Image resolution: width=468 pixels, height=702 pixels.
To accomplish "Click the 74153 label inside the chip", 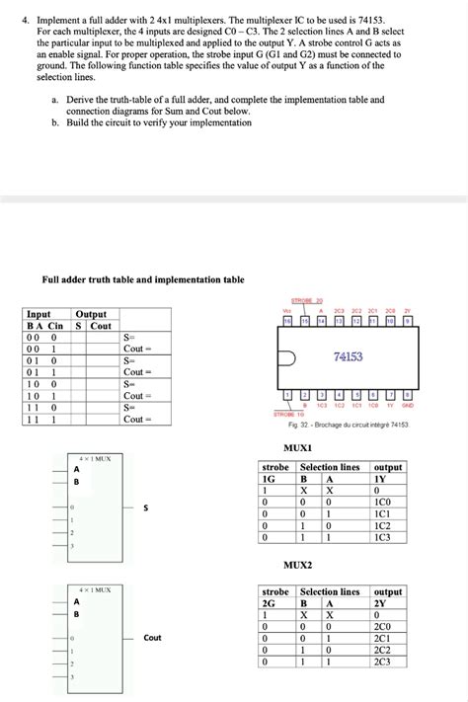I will pyautogui.click(x=349, y=356).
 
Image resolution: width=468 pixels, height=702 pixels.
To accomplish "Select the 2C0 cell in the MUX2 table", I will pyautogui.click(x=383, y=627).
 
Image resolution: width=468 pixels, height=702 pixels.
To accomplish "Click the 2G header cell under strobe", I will pyautogui.click(x=269, y=602).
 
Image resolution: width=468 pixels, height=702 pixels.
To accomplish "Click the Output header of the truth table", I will pyautogui.click(x=91, y=314).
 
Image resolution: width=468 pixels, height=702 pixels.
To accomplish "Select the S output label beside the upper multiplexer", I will pyautogui.click(x=146, y=508).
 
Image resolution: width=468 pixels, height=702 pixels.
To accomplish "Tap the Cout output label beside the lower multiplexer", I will pyautogui.click(x=152, y=638).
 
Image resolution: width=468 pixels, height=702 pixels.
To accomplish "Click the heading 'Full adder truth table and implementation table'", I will pyautogui.click(x=143, y=279).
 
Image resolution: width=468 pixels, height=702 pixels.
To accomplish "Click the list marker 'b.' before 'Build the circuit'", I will pyautogui.click(x=56, y=122).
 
